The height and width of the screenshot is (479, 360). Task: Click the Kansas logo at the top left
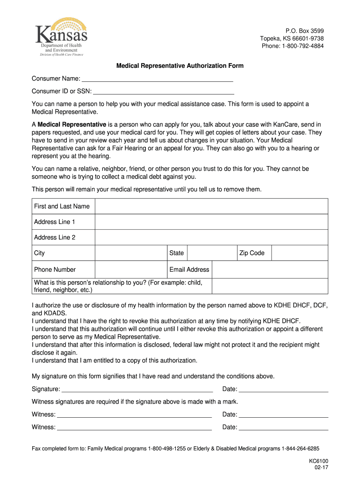click(61, 37)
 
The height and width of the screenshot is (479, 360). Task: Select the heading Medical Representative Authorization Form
click(180, 66)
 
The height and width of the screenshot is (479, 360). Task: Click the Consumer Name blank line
click(157, 79)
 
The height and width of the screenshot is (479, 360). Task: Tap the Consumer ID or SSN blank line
click(163, 92)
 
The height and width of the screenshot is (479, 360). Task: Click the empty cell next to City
click(131, 253)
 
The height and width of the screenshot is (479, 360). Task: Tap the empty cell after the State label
click(212, 253)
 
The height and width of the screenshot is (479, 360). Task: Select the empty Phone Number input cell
click(131, 269)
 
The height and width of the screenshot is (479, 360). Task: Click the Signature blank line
click(137, 390)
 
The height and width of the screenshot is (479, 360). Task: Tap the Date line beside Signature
click(283, 390)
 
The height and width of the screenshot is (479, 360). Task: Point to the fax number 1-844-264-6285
click(301, 448)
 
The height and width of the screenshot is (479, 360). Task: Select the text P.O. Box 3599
click(304, 31)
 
